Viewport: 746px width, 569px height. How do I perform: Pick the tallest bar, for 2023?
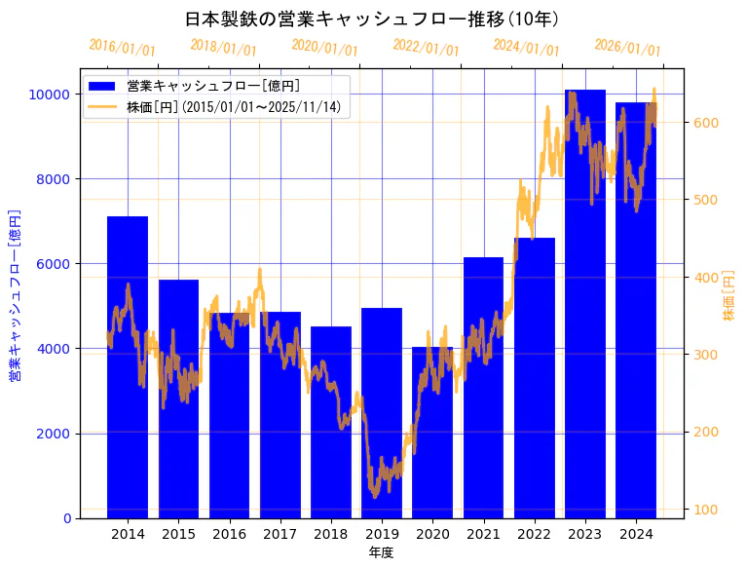(585, 303)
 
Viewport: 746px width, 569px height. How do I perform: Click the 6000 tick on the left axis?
(53, 264)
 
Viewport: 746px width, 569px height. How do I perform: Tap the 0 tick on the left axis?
(65, 518)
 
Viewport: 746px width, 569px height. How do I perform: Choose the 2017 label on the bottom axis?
(280, 534)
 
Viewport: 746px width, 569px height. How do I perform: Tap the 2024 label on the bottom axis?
(636, 534)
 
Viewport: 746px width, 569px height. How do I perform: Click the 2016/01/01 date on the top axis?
(122, 47)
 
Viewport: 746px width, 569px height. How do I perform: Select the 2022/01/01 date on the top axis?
(426, 47)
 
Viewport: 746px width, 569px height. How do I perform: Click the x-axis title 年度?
(381, 552)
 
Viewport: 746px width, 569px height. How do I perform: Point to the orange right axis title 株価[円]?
(728, 297)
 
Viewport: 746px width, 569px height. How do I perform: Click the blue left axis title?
(15, 294)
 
